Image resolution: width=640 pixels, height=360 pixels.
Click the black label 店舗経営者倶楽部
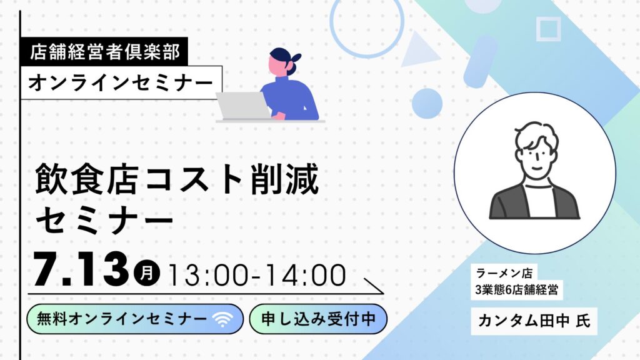[x=104, y=51]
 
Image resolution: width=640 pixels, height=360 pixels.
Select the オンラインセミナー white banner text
[x=121, y=83]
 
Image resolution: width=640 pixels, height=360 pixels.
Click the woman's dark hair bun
[x=295, y=57]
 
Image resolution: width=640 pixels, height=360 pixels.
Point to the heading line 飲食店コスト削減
[x=177, y=179]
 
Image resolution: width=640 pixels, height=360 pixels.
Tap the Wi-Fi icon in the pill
[x=222, y=319]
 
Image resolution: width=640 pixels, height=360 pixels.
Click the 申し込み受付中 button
[x=318, y=319]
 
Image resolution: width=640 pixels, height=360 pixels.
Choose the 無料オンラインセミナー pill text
[x=122, y=319]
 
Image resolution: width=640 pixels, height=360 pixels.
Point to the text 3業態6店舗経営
[x=516, y=290]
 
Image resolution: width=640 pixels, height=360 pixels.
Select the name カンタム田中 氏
[x=534, y=321]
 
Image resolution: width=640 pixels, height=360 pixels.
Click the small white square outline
[x=548, y=19]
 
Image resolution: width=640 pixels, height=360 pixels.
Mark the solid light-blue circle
[x=427, y=104]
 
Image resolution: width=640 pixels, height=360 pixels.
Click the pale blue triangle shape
[x=417, y=51]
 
